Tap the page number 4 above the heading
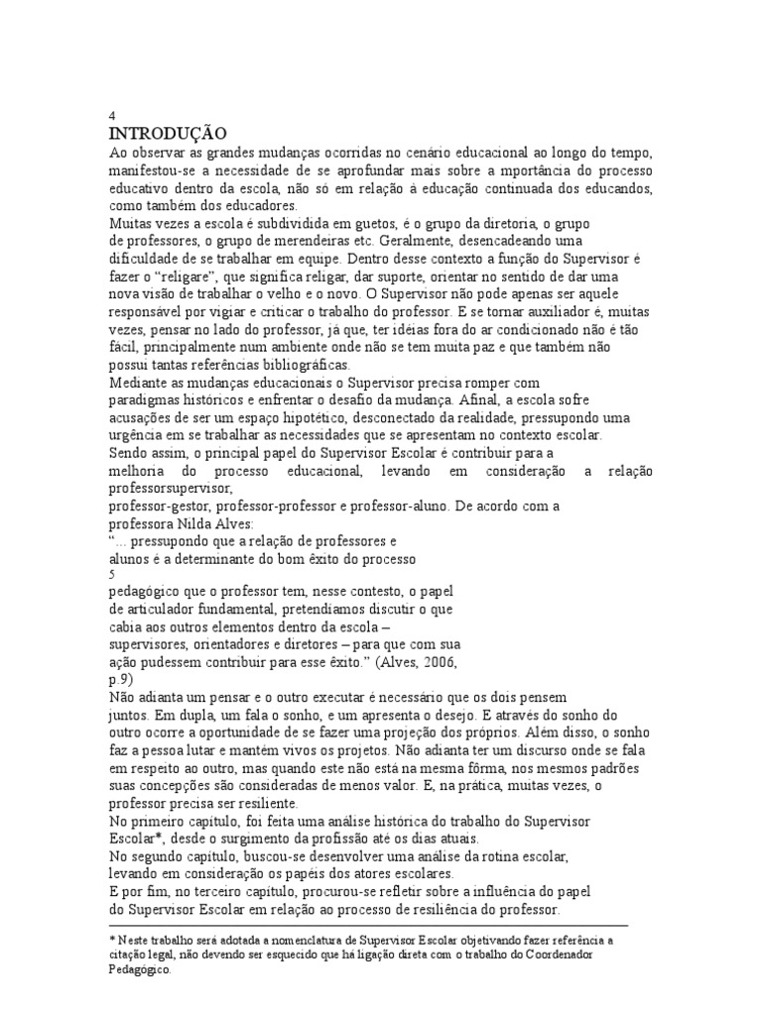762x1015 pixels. pos(111,115)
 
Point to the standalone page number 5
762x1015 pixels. pos(111,572)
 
